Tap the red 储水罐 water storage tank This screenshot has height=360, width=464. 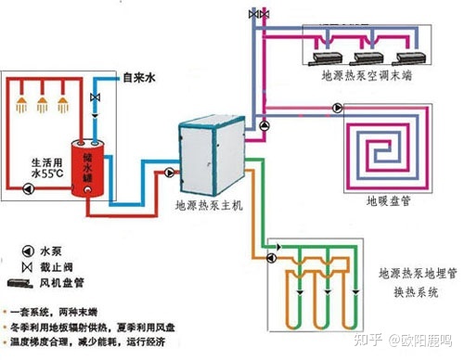(x=89, y=168)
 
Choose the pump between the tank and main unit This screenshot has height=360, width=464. (x=168, y=174)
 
